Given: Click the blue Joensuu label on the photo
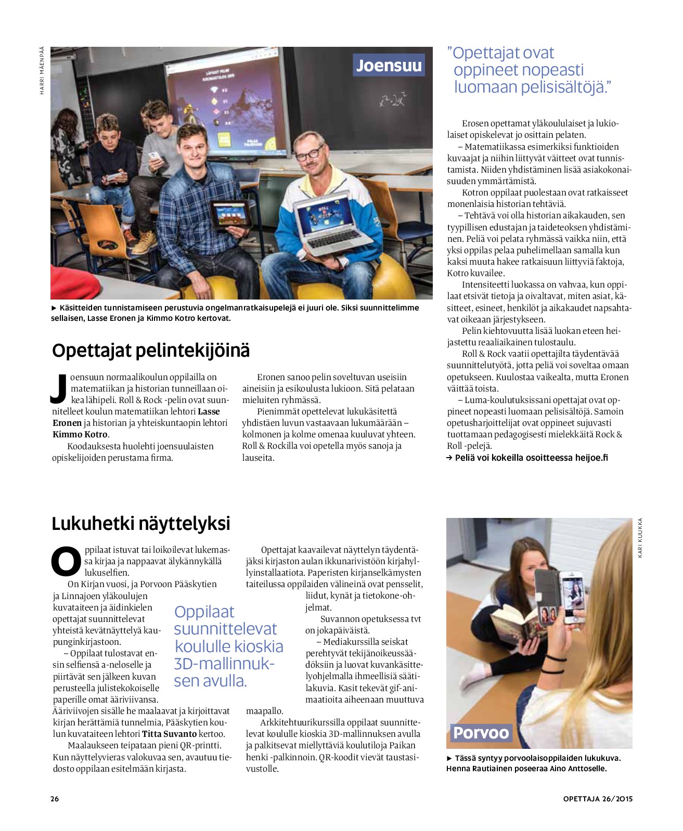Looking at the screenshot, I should pyautogui.click(x=389, y=66).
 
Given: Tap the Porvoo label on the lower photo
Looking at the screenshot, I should pyautogui.click(x=481, y=733).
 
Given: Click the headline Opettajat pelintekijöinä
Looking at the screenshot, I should pyautogui.click(x=151, y=350).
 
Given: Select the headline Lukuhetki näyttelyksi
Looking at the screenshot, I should pyautogui.click(x=141, y=523).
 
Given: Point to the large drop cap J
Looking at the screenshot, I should pyautogui.click(x=59, y=388).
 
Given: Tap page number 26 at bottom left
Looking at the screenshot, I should pyautogui.click(x=55, y=799).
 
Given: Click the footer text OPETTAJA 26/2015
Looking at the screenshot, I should pyautogui.click(x=598, y=799).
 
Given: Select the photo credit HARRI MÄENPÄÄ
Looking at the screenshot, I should pyautogui.click(x=42, y=71).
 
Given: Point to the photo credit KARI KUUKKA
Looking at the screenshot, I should pyautogui.click(x=640, y=538).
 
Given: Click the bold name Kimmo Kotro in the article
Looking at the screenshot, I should pyautogui.click(x=80, y=434).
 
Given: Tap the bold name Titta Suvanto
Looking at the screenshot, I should pyautogui.click(x=169, y=734).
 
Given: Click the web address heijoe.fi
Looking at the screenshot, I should pyautogui.click(x=591, y=458).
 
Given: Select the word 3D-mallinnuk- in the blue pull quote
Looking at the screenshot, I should pyautogui.click(x=224, y=664).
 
